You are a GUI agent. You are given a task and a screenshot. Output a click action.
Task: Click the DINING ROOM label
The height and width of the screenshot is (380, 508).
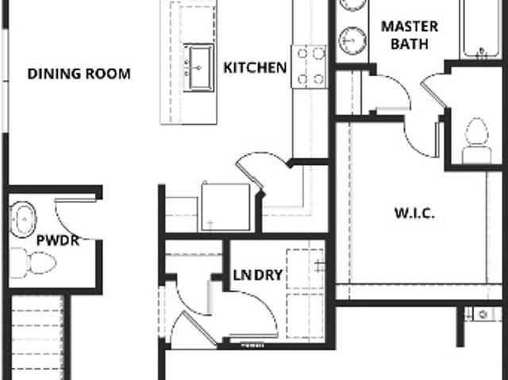[79, 74]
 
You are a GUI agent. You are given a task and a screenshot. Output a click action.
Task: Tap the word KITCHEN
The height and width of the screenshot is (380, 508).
[256, 67]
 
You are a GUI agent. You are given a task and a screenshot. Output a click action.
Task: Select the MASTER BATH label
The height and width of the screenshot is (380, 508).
[410, 35]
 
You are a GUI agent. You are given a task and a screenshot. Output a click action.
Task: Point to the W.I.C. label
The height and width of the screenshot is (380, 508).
[414, 213]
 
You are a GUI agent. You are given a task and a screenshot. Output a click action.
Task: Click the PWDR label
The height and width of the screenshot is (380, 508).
[58, 240]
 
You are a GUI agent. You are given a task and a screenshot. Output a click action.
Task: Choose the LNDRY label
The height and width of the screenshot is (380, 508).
[258, 275]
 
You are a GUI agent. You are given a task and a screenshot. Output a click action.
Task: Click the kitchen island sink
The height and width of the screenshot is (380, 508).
[198, 67]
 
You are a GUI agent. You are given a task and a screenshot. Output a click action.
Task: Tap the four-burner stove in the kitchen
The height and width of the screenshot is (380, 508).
[310, 67]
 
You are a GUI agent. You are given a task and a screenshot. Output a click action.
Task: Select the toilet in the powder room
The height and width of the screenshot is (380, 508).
[33, 263]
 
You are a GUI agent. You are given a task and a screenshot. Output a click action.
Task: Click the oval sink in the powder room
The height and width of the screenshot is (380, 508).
[22, 220]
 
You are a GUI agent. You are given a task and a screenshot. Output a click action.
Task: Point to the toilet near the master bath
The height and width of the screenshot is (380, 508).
[476, 140]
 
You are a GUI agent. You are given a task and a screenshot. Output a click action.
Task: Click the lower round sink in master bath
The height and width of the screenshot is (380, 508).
[352, 40]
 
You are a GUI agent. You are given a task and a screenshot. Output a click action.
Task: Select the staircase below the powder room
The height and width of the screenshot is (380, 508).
[37, 336]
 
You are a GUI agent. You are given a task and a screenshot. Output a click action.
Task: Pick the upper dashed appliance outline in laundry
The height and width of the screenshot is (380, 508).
[305, 269]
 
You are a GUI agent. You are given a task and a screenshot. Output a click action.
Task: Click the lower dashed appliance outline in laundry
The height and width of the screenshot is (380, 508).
[305, 316]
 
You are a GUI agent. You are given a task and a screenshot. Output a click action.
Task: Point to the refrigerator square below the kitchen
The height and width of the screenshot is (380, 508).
[225, 207]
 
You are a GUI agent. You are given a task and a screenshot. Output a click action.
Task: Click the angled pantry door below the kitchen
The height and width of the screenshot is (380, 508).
[249, 175]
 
